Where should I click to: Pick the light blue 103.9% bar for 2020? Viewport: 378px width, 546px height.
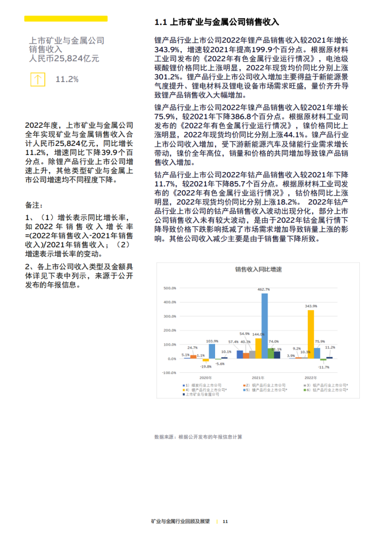212,351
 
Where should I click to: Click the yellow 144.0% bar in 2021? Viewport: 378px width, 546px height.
258,348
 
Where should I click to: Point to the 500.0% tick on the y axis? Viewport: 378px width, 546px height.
170,288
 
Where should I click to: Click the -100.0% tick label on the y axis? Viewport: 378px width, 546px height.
170,373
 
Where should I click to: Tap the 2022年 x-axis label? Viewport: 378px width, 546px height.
310,377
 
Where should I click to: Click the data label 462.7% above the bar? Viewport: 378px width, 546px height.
264,289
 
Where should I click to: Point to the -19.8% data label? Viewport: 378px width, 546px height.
206,366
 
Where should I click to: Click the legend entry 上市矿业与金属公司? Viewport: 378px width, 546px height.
203,394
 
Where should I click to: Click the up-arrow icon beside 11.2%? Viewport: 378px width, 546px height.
38,79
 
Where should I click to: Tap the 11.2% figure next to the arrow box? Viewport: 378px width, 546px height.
67,79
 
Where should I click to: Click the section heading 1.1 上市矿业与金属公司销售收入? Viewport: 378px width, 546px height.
217,22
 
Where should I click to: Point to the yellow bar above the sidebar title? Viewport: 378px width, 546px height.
66,19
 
